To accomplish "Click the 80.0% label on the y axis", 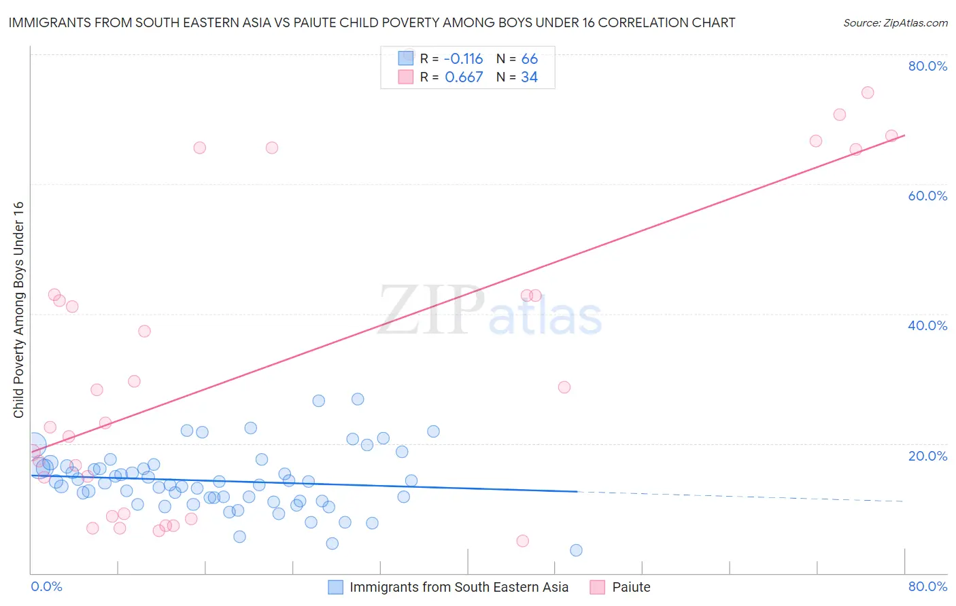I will click(x=927, y=66).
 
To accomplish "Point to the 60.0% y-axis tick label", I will click(x=927, y=196).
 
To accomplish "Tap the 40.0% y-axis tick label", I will click(x=927, y=325).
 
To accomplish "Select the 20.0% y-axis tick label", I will click(x=927, y=456).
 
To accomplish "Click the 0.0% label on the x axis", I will click(x=46, y=586).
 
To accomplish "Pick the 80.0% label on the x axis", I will click(x=927, y=586).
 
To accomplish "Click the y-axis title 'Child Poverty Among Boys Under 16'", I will click(x=19, y=310).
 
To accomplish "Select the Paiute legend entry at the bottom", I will click(x=630, y=587).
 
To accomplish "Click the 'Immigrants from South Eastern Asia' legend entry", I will click(x=458, y=587).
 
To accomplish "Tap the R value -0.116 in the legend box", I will click(x=463, y=59).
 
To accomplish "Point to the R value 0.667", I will click(x=464, y=77).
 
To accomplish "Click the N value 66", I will click(x=530, y=59).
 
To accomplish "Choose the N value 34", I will click(x=530, y=77).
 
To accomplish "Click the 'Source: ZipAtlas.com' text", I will click(x=895, y=23).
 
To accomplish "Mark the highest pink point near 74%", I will click(x=868, y=92).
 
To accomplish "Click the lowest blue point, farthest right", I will click(x=576, y=550).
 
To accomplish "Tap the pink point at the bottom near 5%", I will click(x=522, y=541).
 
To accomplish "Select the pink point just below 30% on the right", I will click(x=564, y=387).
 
